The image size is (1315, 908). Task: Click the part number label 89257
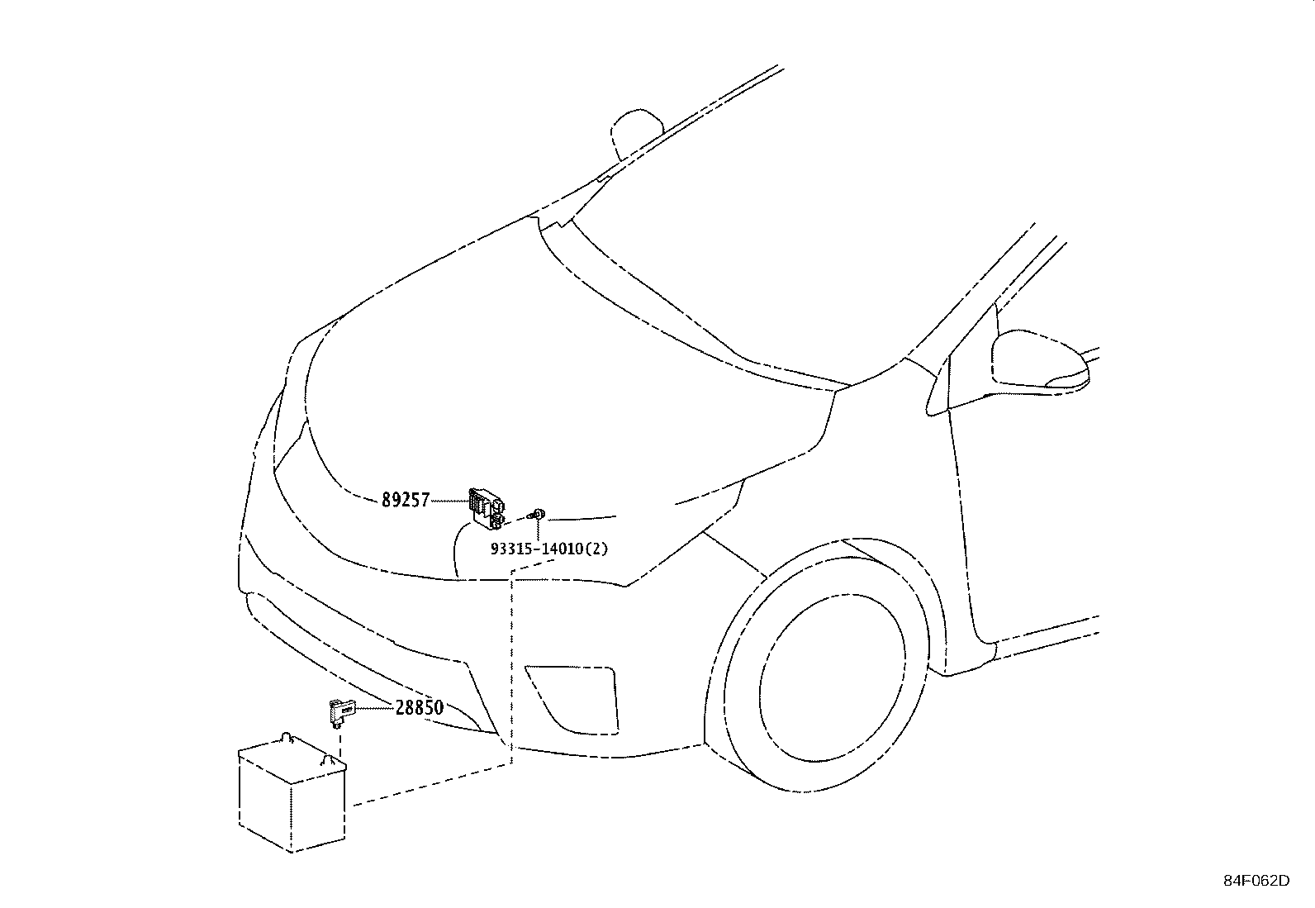406,500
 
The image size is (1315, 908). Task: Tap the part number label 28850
419,708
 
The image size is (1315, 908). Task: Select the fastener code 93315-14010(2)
549,549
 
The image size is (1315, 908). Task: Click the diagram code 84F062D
1256,881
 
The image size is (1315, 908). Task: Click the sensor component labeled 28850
342,712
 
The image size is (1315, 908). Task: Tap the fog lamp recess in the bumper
572,699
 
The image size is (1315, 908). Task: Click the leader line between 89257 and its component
449,501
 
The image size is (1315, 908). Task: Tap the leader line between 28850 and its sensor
375,708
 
